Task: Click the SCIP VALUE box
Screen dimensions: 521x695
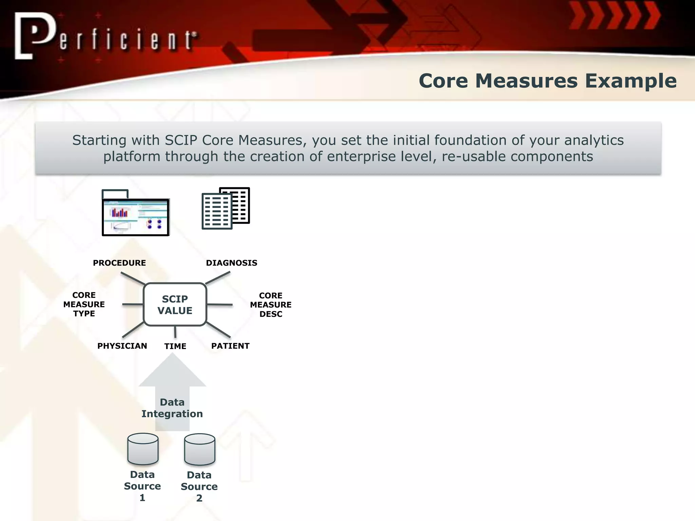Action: pos(175,305)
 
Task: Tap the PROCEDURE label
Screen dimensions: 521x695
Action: pos(119,263)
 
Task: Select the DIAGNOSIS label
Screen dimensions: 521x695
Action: pos(231,263)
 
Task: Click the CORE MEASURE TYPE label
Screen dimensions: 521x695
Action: pos(84,304)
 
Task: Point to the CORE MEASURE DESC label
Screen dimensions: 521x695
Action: pos(270,305)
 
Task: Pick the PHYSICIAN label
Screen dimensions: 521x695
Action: pos(122,346)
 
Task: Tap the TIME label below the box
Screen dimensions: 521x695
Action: pos(175,346)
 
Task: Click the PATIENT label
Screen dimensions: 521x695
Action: pos(230,346)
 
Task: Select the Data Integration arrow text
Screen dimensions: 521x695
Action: pos(172,408)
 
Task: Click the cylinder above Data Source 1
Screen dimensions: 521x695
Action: pos(143,449)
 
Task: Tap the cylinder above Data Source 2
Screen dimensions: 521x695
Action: pos(200,449)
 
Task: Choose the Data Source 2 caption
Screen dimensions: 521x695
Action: pos(199,486)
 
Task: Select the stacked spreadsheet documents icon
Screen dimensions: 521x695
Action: pos(225,208)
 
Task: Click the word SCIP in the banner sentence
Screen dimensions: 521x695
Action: pos(181,140)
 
